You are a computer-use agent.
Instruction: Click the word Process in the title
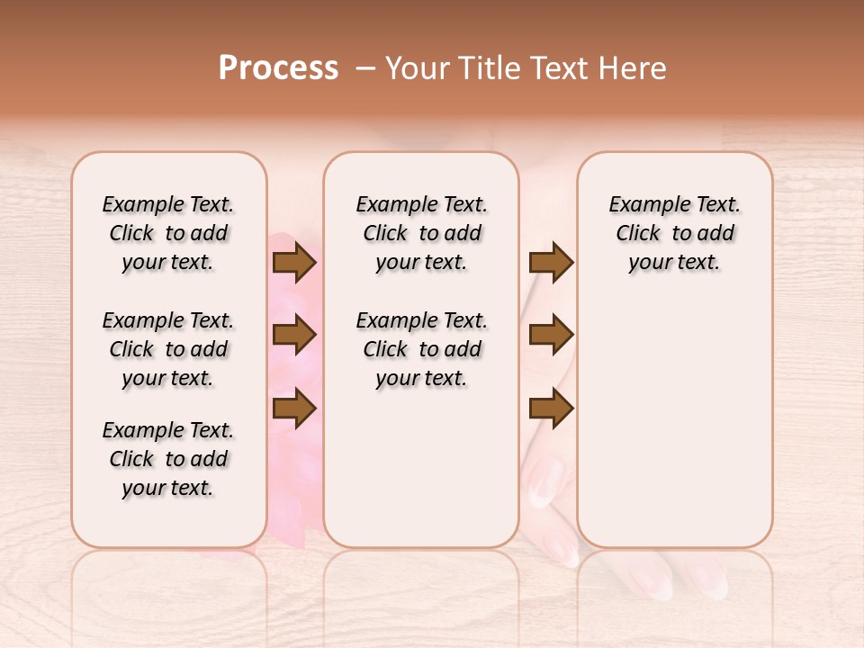click(x=278, y=68)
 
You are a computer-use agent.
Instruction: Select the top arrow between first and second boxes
click(x=293, y=263)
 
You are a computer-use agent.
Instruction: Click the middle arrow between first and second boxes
click(x=293, y=336)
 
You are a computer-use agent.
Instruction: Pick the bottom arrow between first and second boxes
click(x=293, y=409)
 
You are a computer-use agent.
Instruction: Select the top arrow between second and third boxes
click(x=551, y=263)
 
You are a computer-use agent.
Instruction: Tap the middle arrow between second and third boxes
click(x=551, y=336)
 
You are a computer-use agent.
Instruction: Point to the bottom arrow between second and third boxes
click(x=551, y=409)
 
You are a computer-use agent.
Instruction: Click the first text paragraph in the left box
click(x=168, y=233)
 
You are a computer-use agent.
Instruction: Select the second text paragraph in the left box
click(x=168, y=349)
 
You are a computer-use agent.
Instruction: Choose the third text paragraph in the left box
click(x=168, y=459)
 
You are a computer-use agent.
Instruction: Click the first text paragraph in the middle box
click(x=421, y=233)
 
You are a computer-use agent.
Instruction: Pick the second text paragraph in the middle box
click(x=421, y=349)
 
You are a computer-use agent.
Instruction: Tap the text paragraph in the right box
click(x=674, y=233)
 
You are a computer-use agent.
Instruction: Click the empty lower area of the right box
click(x=674, y=423)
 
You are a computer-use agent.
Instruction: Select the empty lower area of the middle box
click(x=421, y=468)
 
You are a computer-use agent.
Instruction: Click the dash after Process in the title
click(x=365, y=68)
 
